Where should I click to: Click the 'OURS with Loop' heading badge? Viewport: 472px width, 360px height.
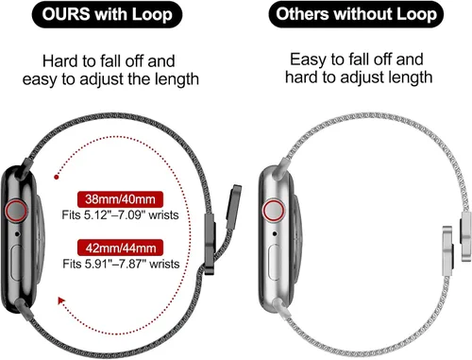click(107, 14)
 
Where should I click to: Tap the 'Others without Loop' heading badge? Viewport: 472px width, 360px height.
click(356, 14)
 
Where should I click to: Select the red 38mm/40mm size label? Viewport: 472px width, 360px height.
click(120, 199)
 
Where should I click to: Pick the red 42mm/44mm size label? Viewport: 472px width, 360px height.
click(121, 248)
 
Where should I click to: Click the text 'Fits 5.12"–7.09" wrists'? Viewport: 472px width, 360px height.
click(120, 215)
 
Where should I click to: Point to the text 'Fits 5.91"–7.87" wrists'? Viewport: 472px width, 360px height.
click(121, 264)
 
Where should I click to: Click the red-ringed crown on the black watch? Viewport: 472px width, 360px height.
click(16, 211)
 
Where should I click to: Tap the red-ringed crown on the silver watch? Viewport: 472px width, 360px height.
click(274, 211)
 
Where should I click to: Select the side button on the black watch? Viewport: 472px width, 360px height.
click(16, 262)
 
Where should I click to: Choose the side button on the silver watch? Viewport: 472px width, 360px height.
click(275, 262)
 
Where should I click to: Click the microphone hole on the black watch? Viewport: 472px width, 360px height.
click(17, 234)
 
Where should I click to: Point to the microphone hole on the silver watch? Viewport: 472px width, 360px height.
click(275, 233)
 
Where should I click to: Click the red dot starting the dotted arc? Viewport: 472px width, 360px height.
click(57, 177)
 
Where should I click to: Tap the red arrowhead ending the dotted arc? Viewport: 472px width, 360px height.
click(61, 300)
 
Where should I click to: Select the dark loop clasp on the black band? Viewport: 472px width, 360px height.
click(210, 244)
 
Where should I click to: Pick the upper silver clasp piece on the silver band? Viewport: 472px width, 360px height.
click(466, 236)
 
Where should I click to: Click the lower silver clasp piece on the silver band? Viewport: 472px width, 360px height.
click(448, 250)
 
